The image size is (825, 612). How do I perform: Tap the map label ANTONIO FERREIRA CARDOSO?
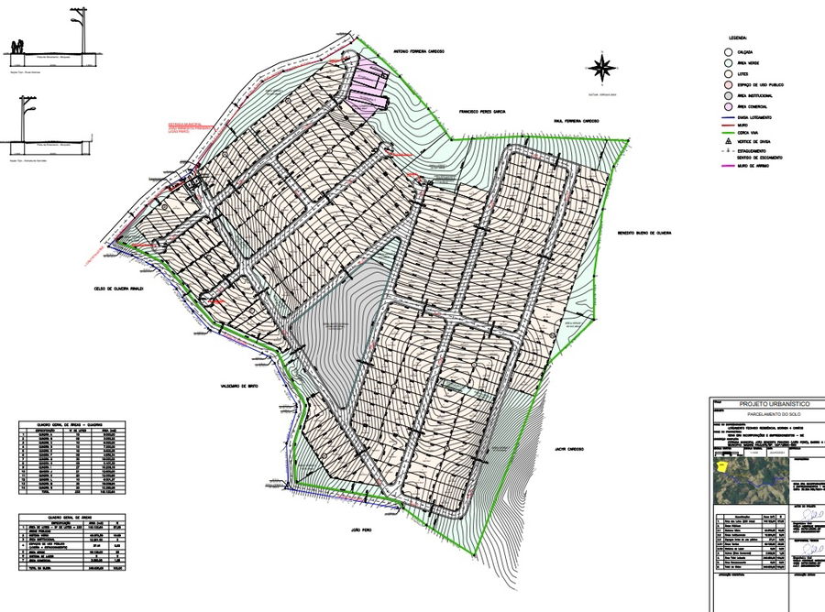pyautogui.click(x=418, y=52)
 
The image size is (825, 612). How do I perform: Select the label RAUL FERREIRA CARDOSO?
pyautogui.click(x=576, y=120)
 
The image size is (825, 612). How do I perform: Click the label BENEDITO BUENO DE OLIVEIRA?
pyautogui.click(x=644, y=233)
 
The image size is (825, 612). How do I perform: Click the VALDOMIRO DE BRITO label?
pyautogui.click(x=241, y=387)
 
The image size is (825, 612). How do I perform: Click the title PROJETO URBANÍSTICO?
pyautogui.click(x=767, y=404)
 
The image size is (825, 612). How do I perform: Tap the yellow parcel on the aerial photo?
pyautogui.click(x=722, y=466)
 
